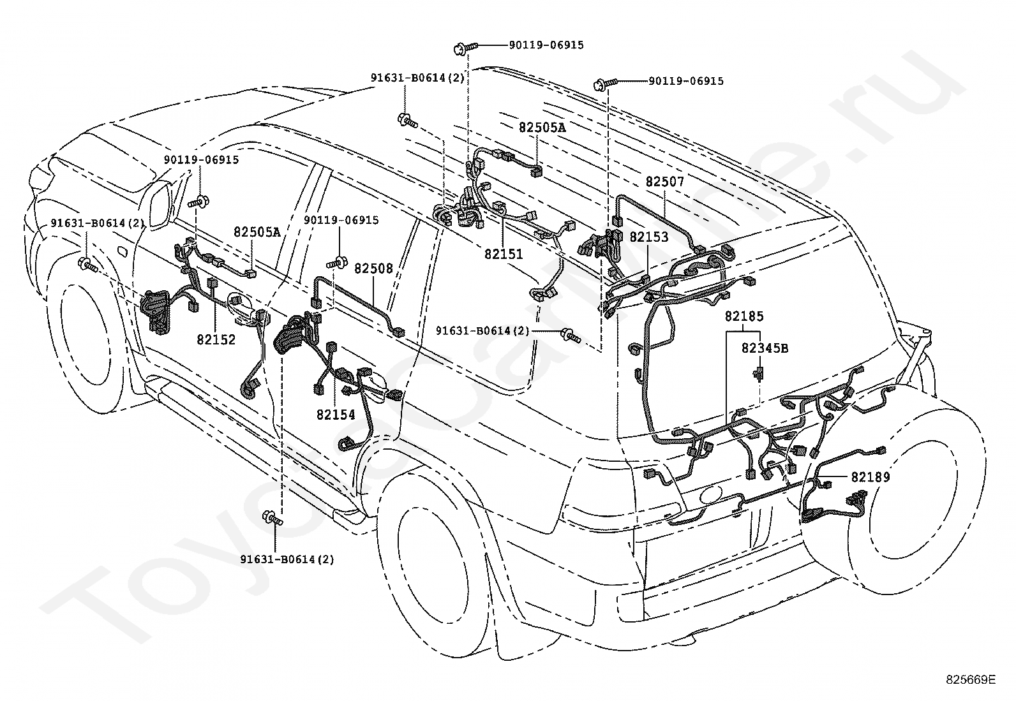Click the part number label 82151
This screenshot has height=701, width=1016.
pyautogui.click(x=504, y=254)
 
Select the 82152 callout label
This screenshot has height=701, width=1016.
pyautogui.click(x=216, y=339)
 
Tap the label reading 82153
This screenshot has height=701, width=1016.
pyautogui.click(x=648, y=237)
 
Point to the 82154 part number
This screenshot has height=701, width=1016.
pyautogui.click(x=336, y=414)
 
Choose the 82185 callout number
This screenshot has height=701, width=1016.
pyautogui.click(x=744, y=316)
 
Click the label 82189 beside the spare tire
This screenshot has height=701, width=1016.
pyautogui.click(x=870, y=476)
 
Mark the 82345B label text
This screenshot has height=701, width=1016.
pyautogui.click(x=765, y=348)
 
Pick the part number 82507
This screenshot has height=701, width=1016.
pyautogui.click(x=664, y=181)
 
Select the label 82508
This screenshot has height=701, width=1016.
pyautogui.click(x=373, y=269)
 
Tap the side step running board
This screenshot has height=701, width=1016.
pyautogui.click(x=254, y=449)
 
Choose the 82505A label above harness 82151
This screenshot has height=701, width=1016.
pyautogui.click(x=542, y=128)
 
